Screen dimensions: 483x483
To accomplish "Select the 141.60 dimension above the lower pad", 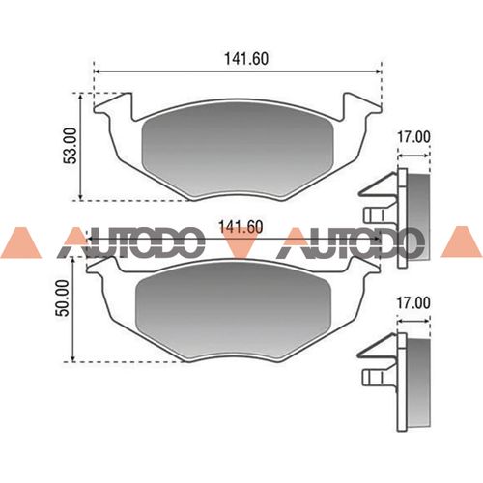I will point(241,227).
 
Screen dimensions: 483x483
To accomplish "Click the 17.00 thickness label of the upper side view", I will point(413,138).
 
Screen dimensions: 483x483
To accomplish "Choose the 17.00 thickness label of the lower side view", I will point(413,303).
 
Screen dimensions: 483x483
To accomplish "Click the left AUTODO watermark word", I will point(130,245).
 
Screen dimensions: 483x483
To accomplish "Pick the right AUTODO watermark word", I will point(350,245).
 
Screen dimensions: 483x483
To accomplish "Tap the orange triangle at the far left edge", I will point(18,244).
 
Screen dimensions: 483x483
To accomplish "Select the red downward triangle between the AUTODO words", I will point(241,246).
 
